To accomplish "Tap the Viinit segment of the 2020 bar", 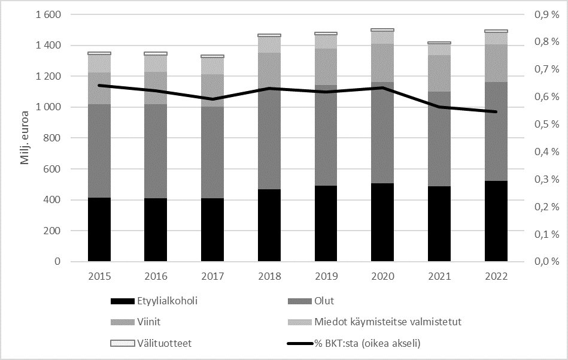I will point(382,63).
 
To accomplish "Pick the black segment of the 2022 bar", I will point(496,221).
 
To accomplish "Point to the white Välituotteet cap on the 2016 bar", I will point(156,53).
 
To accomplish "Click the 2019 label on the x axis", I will point(326,277).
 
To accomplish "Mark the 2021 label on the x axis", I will point(439,277).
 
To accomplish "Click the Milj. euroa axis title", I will point(26,138).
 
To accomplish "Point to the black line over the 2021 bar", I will point(439,107).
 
